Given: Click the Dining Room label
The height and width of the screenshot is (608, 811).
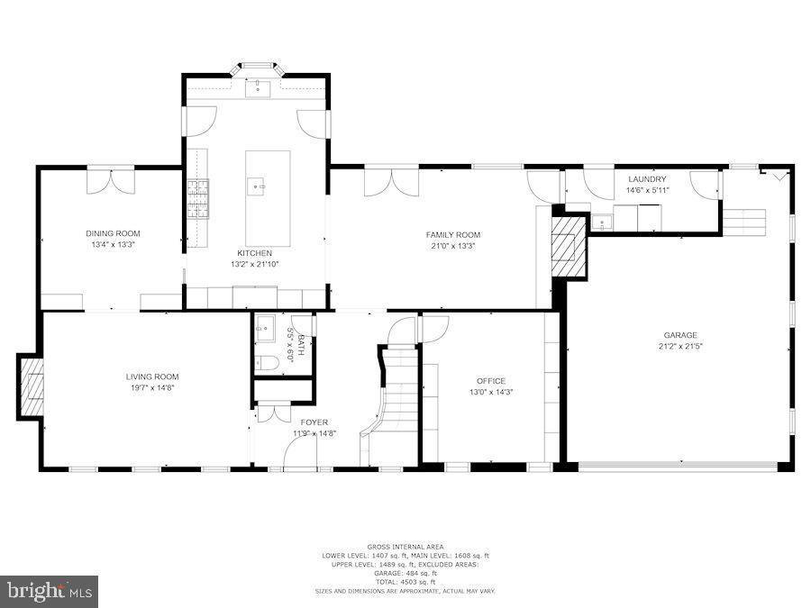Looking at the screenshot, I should tap(113, 233).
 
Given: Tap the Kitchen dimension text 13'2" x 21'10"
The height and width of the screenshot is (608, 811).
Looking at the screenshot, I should tap(254, 265).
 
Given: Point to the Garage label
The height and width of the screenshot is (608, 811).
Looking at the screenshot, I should tap(680, 335).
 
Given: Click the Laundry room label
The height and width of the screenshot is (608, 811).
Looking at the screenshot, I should tap(646, 179).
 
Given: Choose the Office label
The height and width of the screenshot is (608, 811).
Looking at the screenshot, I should tap(491, 381).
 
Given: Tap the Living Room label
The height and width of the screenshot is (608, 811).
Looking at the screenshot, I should tap(151, 377).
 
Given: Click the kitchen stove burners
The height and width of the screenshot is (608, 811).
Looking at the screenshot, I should tap(197, 200).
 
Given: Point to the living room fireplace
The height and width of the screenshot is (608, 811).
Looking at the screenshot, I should tap(31, 386).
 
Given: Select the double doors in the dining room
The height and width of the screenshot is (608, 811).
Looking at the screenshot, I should tap(110, 181).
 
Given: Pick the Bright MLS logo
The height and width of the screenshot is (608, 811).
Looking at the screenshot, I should tap(50, 591).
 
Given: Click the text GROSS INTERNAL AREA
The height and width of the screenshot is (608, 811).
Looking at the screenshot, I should tap(405, 547).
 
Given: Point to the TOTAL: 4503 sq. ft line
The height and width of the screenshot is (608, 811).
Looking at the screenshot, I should tap(405, 581).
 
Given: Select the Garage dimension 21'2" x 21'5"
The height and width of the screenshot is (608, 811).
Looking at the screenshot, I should tap(680, 347).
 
